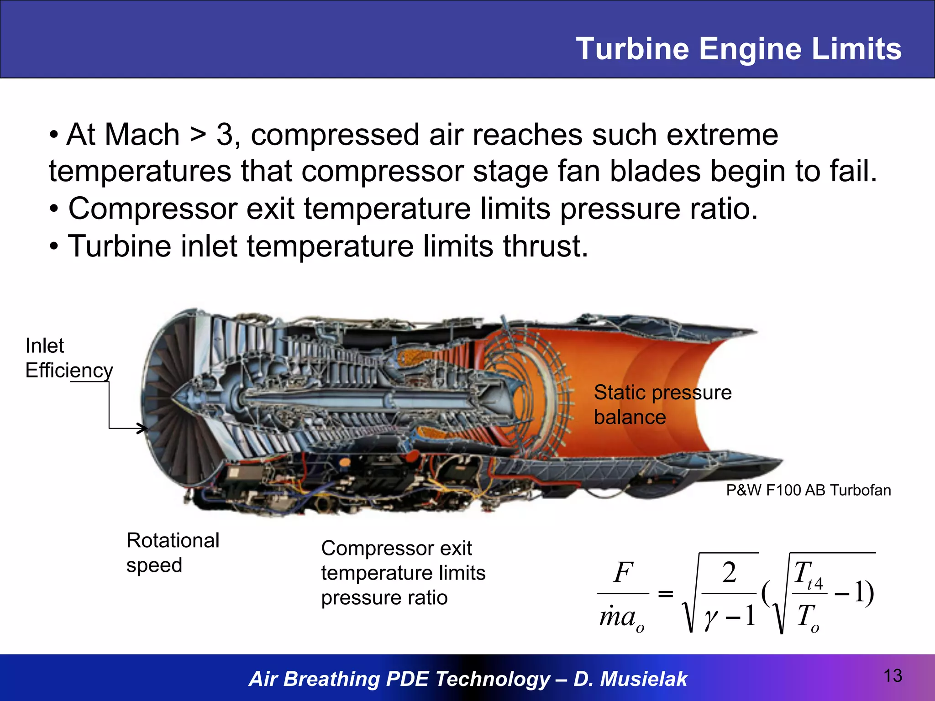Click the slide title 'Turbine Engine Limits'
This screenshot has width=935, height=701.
pyautogui.click(x=738, y=49)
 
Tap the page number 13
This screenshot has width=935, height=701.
pyautogui.click(x=893, y=675)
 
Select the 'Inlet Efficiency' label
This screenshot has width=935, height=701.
pyautogui.click(x=69, y=358)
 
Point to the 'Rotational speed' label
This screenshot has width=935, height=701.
pyautogui.click(x=173, y=553)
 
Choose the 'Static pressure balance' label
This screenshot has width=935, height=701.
pyautogui.click(x=662, y=405)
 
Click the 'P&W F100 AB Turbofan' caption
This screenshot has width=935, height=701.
pyautogui.click(x=808, y=490)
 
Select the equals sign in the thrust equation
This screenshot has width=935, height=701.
pyautogui.click(x=665, y=594)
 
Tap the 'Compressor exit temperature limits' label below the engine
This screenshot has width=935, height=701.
pyautogui.click(x=403, y=573)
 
